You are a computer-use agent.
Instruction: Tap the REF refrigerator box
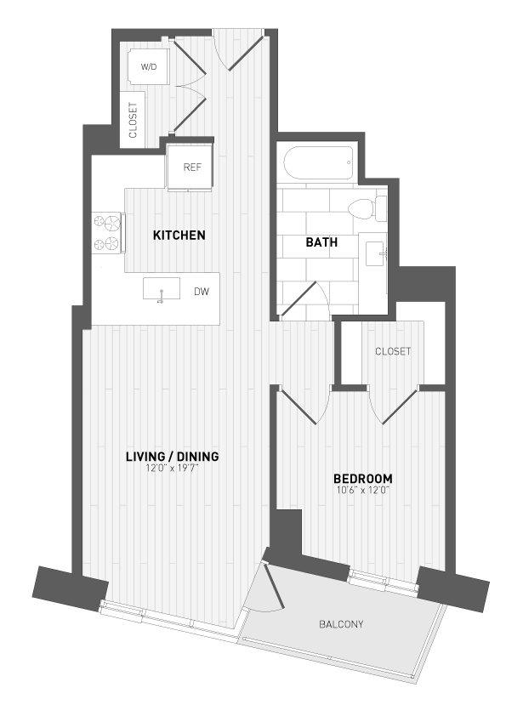point(191,168)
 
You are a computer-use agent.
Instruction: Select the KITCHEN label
point(179,235)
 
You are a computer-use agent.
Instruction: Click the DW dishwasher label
point(202,292)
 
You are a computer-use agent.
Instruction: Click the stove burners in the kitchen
point(109,233)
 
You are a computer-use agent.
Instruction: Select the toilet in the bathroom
point(366,207)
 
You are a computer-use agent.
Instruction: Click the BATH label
point(321,242)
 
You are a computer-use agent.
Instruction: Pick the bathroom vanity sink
point(374,253)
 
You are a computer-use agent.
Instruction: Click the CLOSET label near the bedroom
point(393,351)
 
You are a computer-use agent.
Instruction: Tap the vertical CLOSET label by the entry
point(133,119)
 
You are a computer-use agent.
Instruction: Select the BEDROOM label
point(362,478)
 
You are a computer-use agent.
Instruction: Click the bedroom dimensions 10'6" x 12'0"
point(362,490)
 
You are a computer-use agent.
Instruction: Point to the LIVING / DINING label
point(172,457)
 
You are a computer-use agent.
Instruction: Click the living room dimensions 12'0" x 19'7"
point(172,469)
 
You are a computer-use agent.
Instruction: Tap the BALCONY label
point(341,624)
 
